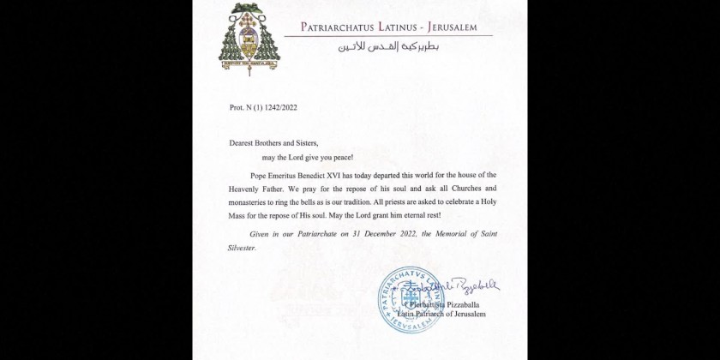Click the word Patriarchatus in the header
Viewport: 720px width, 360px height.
339,27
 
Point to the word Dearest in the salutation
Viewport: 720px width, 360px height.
243,143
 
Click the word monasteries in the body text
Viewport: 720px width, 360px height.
250,201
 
